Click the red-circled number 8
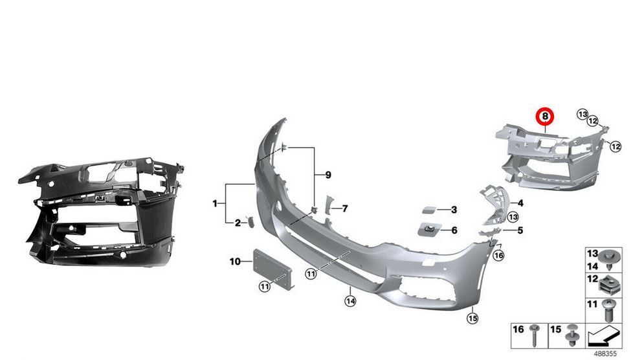click(545, 117)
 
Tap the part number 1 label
click(215, 204)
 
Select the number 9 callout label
click(328, 175)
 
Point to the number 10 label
click(234, 262)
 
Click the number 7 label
click(345, 208)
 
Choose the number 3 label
click(454, 210)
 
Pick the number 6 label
click(454, 230)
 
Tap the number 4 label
click(520, 203)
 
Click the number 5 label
click(520, 230)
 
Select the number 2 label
click(238, 223)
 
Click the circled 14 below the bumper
click(350, 300)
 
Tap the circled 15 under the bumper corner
click(472, 317)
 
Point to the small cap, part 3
click(429, 210)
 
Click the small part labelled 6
click(430, 229)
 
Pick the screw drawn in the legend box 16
click(536, 335)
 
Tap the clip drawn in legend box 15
click(572, 335)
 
